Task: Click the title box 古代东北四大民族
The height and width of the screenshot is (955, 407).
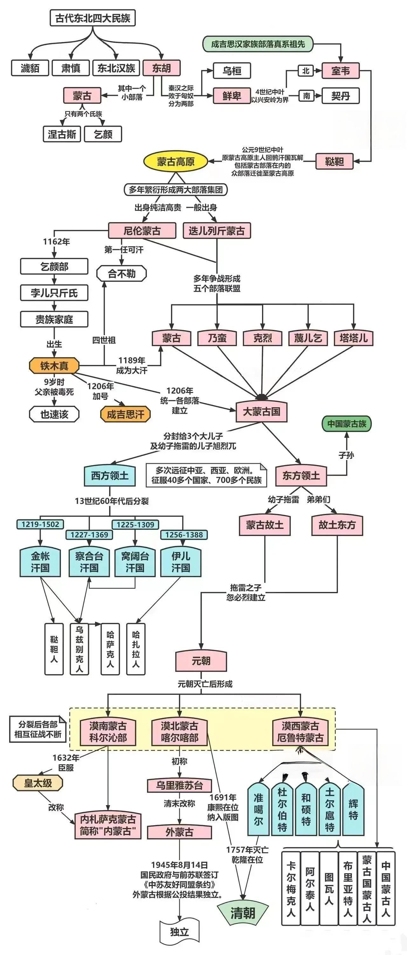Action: coord(93,18)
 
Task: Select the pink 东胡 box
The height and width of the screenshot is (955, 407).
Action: coord(162,68)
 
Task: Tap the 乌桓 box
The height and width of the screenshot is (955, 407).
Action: coord(232,71)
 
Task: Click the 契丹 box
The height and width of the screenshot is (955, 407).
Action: coord(340,96)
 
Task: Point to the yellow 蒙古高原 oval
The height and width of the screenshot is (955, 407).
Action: coord(176,162)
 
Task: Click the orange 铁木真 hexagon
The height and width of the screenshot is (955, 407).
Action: coord(54,366)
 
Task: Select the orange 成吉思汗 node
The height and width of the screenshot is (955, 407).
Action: coord(126,414)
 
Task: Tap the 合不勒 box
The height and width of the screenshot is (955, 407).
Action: coord(121,274)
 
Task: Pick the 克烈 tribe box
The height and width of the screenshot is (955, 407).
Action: coord(263,338)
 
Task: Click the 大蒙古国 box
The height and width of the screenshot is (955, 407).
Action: coord(261,411)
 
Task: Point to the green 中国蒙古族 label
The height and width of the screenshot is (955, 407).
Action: coord(347,424)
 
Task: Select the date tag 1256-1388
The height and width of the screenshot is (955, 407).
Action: coord(184,535)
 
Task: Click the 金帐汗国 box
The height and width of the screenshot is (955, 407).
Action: coord(40,562)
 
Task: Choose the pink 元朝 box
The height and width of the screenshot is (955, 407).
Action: coord(201,661)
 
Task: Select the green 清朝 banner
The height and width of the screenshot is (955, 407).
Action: coord(243,913)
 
